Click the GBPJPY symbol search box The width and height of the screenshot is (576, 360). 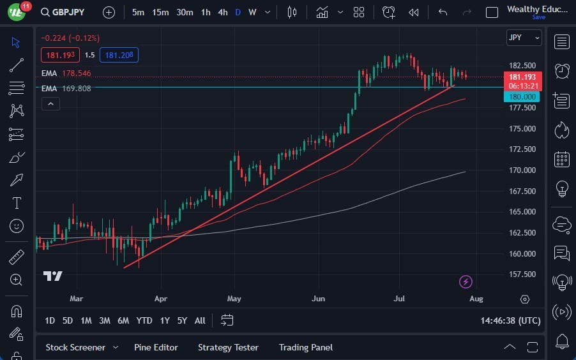(68, 12)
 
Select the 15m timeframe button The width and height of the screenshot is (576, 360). (160, 12)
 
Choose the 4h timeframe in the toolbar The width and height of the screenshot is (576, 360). (222, 12)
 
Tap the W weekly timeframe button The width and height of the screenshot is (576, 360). (252, 12)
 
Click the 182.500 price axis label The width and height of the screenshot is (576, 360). (522, 66)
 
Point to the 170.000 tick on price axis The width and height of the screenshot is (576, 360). (522, 170)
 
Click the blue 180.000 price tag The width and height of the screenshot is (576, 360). (522, 97)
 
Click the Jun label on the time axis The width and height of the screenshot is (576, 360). (318, 298)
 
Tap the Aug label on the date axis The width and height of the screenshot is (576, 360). (476, 298)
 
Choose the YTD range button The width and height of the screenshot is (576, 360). (144, 320)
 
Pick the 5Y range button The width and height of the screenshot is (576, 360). (182, 320)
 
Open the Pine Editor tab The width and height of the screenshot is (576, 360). (156, 347)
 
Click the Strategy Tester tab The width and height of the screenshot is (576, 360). (228, 347)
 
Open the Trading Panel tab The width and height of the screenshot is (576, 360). (305, 347)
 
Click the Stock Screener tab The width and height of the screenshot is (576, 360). (75, 347)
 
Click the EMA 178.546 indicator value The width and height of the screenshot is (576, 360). (76, 73)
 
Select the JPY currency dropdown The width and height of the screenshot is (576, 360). (524, 38)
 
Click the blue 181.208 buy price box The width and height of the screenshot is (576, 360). (119, 55)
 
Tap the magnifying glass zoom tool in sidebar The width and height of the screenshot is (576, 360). (17, 280)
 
